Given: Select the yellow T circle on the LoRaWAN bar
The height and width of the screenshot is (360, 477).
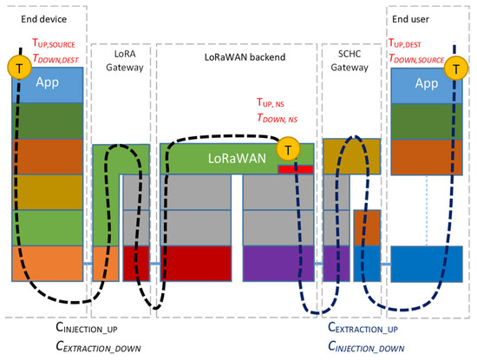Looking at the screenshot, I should coord(284,152).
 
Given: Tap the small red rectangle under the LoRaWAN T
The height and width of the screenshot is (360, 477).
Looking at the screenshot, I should coord(289,169).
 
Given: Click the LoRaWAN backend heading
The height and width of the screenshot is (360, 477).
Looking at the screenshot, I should coord(236,56).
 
